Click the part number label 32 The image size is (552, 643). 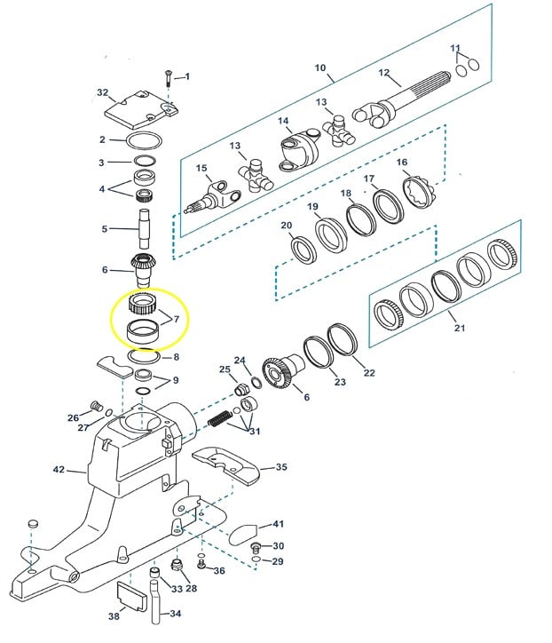click(x=102, y=92)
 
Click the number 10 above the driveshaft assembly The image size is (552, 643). click(x=319, y=67)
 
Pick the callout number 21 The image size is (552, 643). click(x=459, y=329)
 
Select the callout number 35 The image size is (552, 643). click(x=280, y=466)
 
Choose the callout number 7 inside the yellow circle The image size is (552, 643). click(x=175, y=318)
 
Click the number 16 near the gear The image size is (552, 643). click(x=402, y=163)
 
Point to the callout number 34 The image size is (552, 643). click(x=175, y=614)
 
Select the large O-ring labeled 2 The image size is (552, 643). click(x=144, y=140)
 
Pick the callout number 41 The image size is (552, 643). click(x=278, y=524)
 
